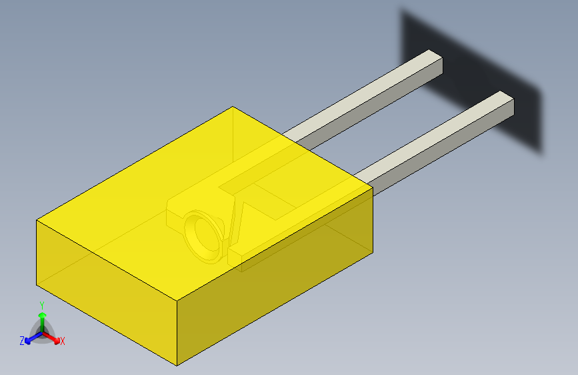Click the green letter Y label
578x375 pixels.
42,306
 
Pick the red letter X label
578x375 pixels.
63,341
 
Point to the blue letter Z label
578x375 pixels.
22,341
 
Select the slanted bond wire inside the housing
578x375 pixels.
235,220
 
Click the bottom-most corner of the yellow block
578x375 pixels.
177,365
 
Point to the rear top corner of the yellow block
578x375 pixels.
232,107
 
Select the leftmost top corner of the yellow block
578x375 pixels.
37,220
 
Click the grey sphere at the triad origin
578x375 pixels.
42,332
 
